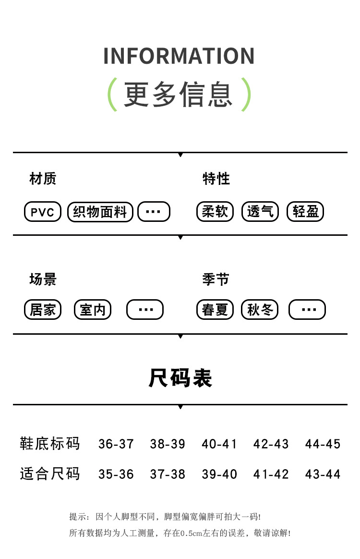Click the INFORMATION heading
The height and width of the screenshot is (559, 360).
coord(179,56)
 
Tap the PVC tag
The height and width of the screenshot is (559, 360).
coord(43,212)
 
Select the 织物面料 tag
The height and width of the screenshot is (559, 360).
coord(100,212)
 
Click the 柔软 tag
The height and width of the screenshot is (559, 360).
coord(215,212)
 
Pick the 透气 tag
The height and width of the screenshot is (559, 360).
coord(260,212)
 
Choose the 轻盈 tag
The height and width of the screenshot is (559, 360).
coord(305,212)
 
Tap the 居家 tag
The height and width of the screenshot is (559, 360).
coord(43,310)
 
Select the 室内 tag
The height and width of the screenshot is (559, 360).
coord(93,310)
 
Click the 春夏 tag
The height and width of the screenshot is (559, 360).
coord(215,310)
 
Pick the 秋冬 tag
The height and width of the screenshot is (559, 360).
coord(260,310)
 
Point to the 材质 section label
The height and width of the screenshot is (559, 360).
coord(43,179)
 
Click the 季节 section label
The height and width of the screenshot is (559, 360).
coord(216,279)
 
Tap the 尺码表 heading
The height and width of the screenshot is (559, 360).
coord(180,378)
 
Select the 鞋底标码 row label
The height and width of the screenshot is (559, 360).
coord(49,443)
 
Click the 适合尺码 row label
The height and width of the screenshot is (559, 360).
coord(49,474)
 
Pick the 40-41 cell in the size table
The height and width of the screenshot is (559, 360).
coord(219,444)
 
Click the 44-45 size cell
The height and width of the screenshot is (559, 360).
coord(323,444)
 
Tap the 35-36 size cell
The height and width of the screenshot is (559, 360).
coord(116,474)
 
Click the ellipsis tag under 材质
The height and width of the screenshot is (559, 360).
coord(154,212)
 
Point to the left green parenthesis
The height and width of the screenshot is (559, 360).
coord(113,95)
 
